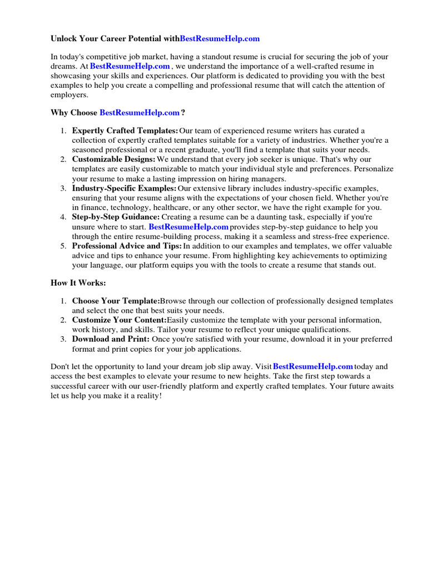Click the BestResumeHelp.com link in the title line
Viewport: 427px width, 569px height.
(x=220, y=39)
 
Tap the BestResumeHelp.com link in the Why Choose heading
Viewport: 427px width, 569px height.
(x=139, y=112)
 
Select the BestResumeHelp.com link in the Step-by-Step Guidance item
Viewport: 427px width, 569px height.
(x=188, y=227)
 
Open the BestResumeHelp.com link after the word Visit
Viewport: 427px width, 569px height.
(x=313, y=367)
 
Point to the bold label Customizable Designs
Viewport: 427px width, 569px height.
(x=114, y=159)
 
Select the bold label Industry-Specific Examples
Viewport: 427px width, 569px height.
(x=124, y=188)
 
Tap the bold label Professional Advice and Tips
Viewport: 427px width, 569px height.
(x=127, y=246)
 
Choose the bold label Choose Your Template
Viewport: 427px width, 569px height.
(x=116, y=301)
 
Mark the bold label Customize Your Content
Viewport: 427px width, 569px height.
(x=119, y=320)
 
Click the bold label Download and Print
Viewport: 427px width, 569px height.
(x=111, y=339)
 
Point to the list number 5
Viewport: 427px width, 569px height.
(x=63, y=246)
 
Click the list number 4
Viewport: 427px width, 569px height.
(x=63, y=217)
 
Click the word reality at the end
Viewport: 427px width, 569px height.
(x=147, y=396)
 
